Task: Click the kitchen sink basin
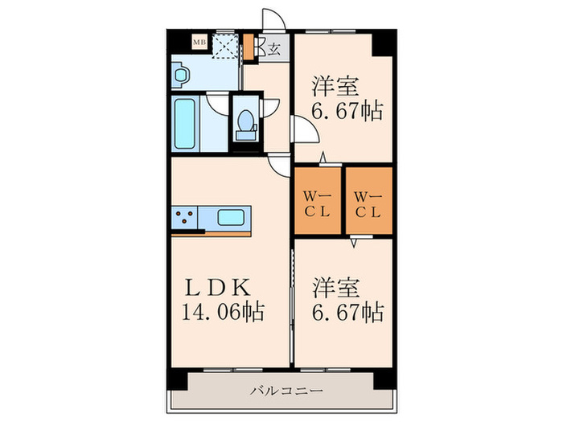(232, 217)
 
